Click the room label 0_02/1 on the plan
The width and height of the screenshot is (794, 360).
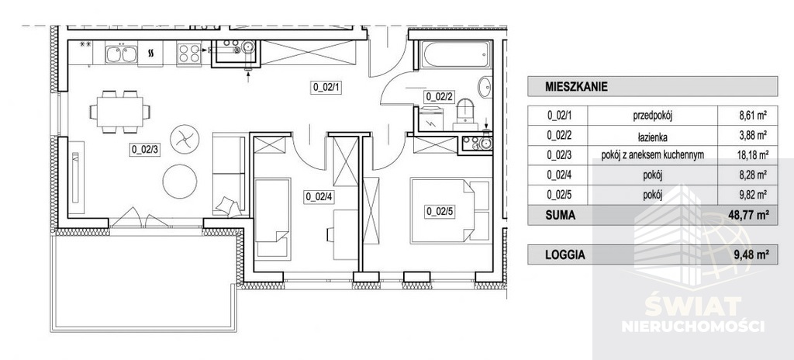click(327, 87)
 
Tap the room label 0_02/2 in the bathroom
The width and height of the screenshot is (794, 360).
click(439, 96)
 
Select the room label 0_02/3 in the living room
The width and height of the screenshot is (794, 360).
click(145, 150)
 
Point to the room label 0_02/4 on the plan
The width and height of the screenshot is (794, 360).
click(319, 197)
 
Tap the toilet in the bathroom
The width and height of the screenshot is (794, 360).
click(465, 114)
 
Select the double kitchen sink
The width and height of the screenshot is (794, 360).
click(122, 54)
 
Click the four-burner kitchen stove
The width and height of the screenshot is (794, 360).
click(189, 54)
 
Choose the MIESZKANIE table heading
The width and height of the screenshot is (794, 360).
click(576, 86)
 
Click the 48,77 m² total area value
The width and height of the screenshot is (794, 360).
click(745, 215)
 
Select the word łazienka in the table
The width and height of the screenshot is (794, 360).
click(652, 135)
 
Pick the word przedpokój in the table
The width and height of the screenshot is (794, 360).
click(652, 116)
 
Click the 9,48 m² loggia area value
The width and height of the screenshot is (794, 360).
click(748, 255)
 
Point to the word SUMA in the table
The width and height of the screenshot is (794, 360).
click(560, 215)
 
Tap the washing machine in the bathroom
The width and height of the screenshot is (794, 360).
click(431, 119)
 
